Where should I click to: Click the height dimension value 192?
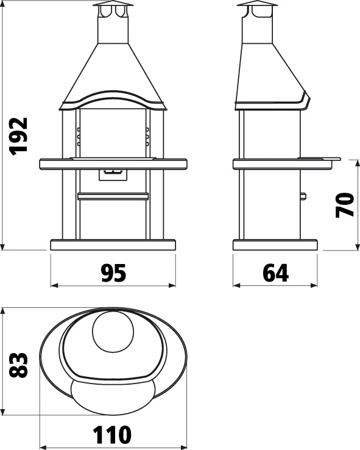click(20, 135)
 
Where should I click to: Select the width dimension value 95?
click(113, 274)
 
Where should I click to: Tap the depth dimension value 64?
click(275, 274)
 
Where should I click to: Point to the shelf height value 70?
click(345, 205)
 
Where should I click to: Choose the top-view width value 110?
click(113, 435)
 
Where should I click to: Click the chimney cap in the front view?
click(113, 7)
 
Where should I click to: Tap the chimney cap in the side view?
click(256, 7)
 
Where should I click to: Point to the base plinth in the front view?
click(113, 245)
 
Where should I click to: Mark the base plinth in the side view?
click(275, 245)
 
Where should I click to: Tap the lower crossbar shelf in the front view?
click(113, 196)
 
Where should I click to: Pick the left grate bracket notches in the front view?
click(79, 137)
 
